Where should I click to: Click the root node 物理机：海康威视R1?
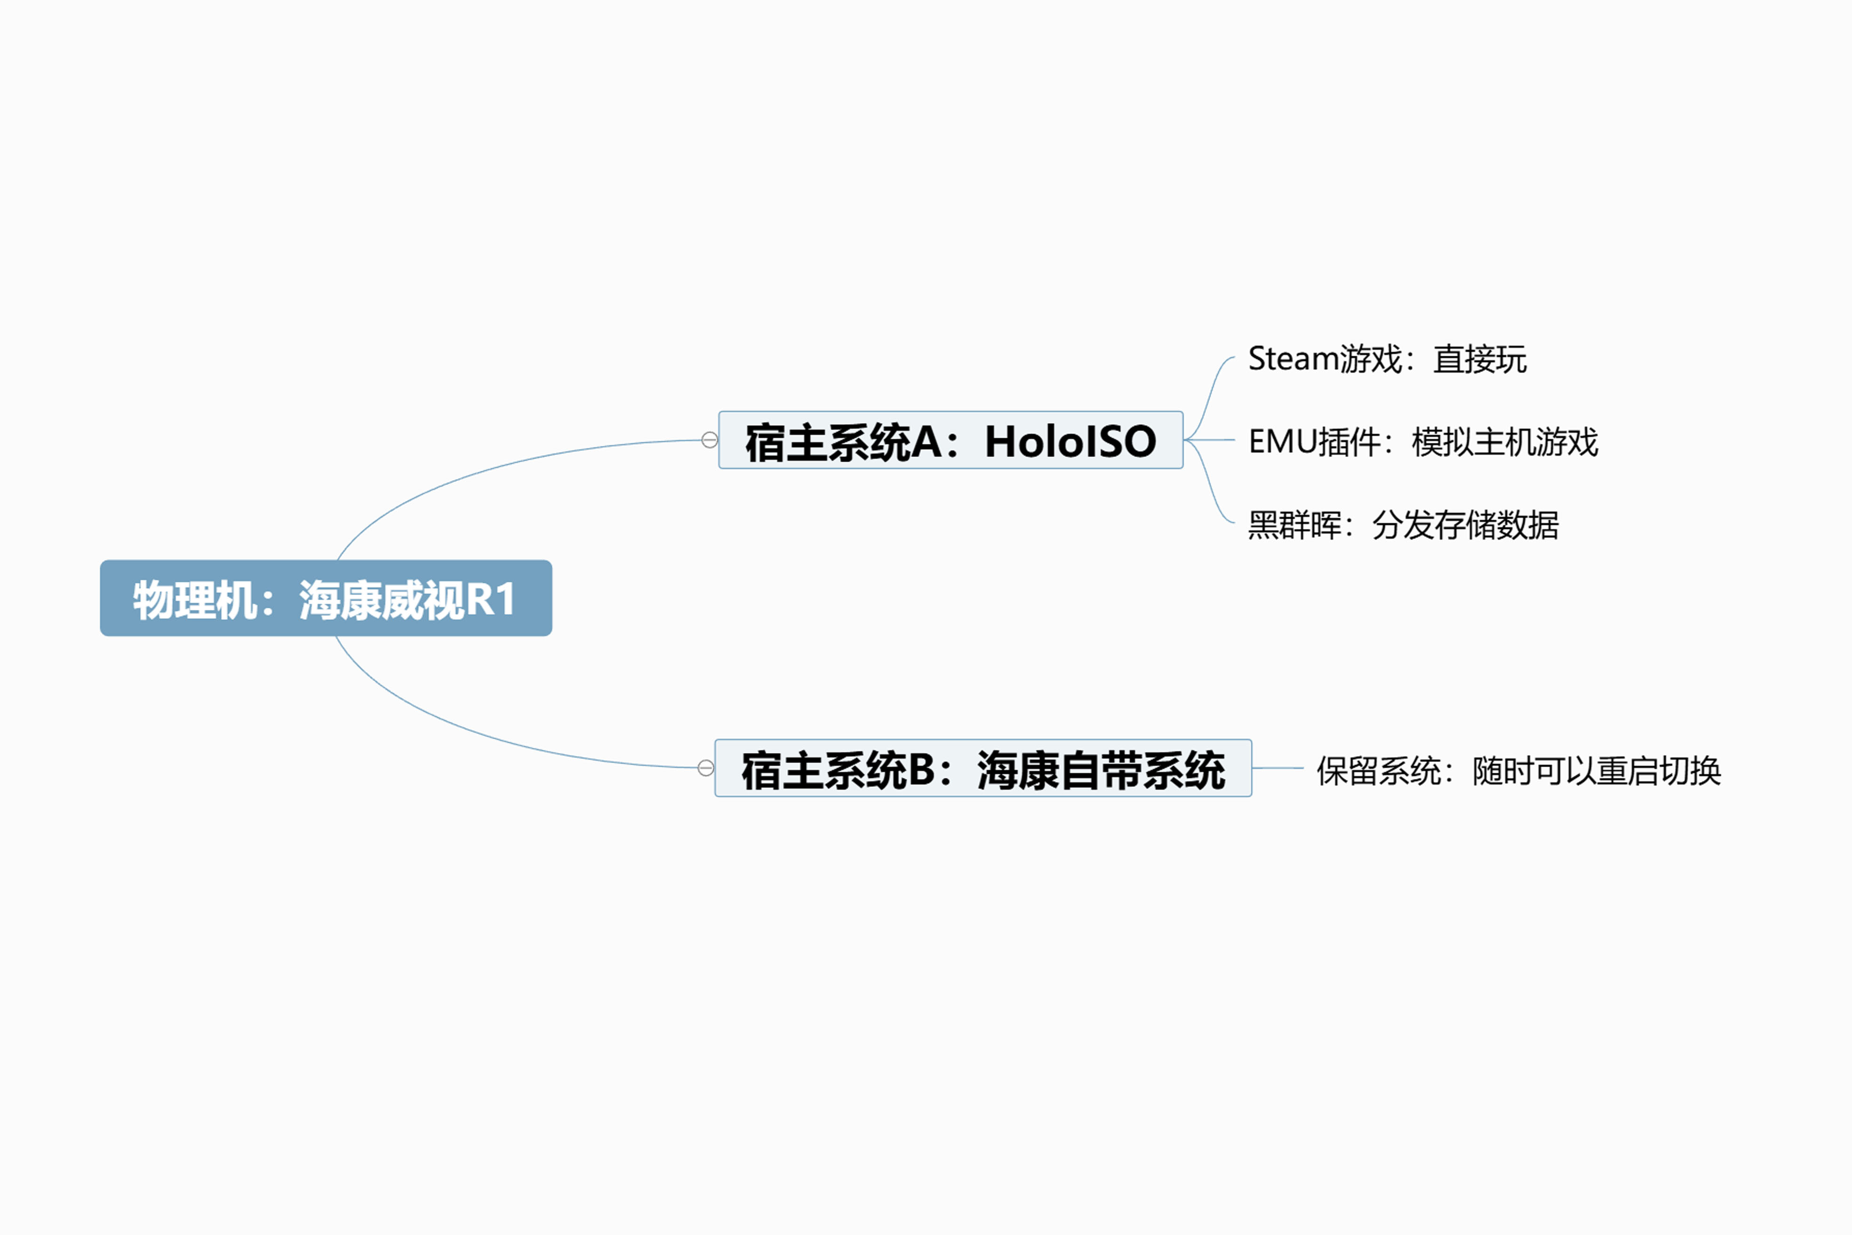326,598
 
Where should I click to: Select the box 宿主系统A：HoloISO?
950,440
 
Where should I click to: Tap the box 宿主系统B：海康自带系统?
982,768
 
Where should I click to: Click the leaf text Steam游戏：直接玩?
1388,359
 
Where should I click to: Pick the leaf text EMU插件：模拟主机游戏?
1423,442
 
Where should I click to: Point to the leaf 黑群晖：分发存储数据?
1403,525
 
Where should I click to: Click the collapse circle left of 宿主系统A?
710,440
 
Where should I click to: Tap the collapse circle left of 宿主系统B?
705,768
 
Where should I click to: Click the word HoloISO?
1070,441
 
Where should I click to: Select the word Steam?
1294,359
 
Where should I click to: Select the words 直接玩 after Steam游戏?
1479,359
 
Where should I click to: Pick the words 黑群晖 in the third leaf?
1294,525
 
